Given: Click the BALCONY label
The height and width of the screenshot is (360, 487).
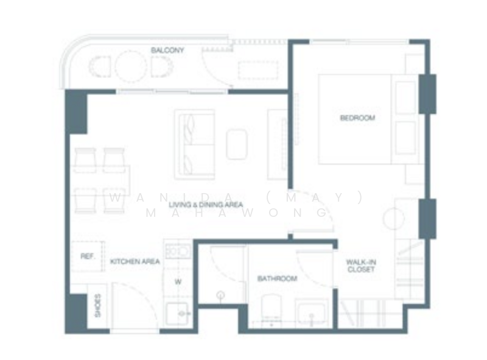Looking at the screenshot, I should [x=167, y=50].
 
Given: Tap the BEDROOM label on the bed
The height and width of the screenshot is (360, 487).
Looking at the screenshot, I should [x=357, y=118].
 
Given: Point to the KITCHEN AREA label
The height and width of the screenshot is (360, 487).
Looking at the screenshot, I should [x=135, y=261].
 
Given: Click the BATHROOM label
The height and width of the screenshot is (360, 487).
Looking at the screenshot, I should [x=277, y=278].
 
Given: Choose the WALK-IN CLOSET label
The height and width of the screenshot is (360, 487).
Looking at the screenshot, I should [x=360, y=266].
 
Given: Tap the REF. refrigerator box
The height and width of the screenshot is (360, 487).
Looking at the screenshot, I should [x=86, y=256].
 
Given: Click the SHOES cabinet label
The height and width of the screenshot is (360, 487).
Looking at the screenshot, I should [x=97, y=306].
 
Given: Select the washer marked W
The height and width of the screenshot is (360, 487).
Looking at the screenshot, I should [x=178, y=281].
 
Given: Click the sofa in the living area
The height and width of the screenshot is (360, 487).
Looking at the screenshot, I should [x=194, y=144].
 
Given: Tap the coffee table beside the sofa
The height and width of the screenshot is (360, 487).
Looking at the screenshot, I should [x=237, y=144].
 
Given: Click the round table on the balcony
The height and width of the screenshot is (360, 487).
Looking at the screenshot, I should [x=131, y=66].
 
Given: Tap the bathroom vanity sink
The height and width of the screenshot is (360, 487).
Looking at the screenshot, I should [x=312, y=312].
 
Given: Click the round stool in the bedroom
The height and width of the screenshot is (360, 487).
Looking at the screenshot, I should [x=393, y=218].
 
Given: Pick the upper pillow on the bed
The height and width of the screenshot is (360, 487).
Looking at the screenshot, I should [x=405, y=97].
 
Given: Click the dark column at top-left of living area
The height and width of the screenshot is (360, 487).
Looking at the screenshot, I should [x=76, y=111].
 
